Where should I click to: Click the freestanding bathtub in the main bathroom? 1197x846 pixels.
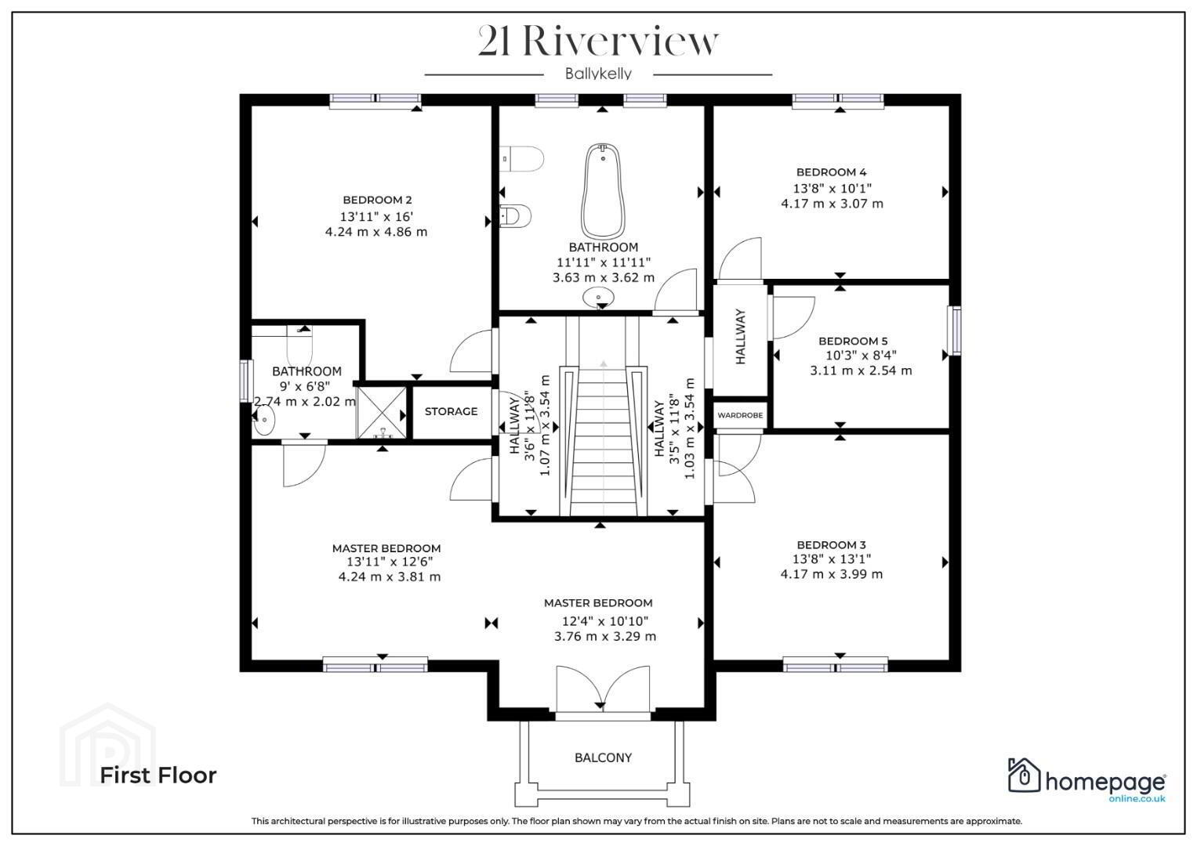click(x=603, y=191)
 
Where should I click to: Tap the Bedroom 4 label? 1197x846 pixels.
click(x=831, y=172)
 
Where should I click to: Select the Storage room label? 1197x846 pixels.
click(x=451, y=411)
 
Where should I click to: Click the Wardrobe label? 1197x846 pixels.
click(x=740, y=415)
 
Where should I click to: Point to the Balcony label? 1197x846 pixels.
click(x=603, y=757)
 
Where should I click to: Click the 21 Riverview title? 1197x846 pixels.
click(x=599, y=42)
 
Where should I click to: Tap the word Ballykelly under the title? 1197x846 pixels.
click(x=599, y=74)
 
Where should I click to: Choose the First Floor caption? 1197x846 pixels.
click(x=158, y=775)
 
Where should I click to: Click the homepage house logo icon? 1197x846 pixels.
click(x=1024, y=775)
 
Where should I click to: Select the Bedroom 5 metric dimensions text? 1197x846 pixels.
click(x=861, y=370)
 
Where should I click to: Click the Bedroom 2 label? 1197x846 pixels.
click(x=377, y=200)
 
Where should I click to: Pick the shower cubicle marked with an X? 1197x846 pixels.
click(x=382, y=413)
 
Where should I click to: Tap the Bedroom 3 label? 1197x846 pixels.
click(x=831, y=544)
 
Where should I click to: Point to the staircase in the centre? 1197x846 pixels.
click(x=603, y=439)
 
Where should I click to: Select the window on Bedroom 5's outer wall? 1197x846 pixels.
click(x=955, y=330)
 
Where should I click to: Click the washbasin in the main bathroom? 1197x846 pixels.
click(x=599, y=297)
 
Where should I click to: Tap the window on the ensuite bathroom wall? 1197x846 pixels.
click(x=246, y=381)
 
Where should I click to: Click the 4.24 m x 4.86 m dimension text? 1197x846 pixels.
click(x=376, y=232)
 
